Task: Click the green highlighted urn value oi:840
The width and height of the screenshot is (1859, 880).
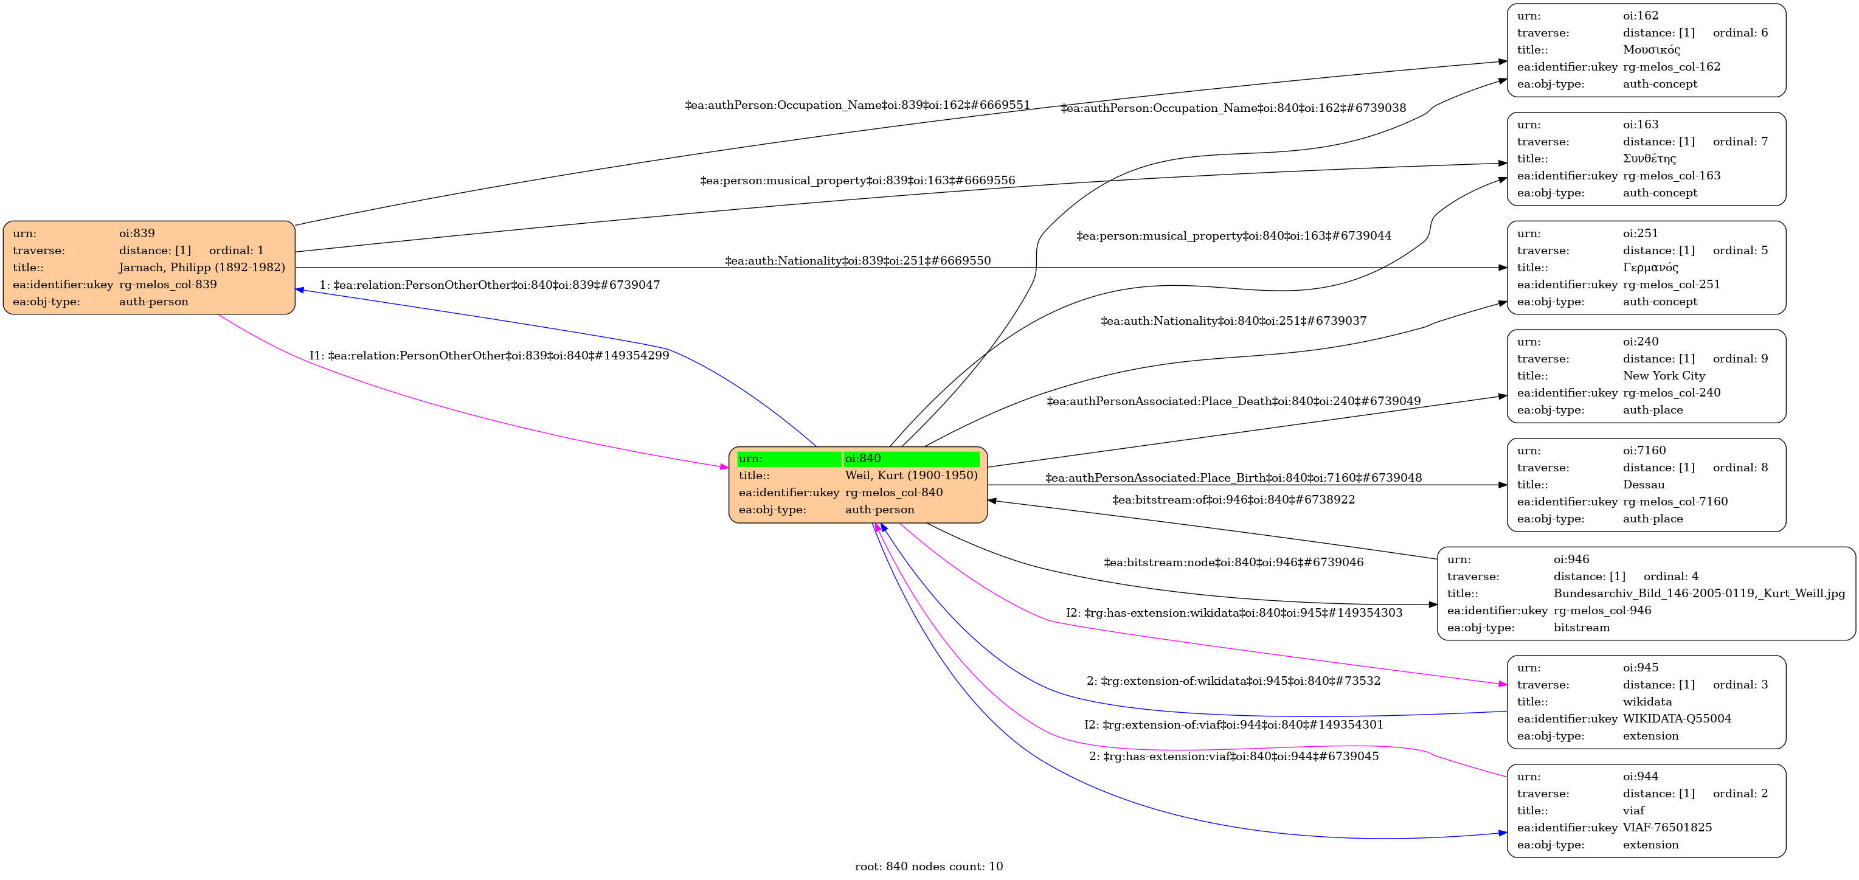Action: pos(862,459)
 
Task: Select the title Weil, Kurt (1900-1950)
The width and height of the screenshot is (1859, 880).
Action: pos(911,475)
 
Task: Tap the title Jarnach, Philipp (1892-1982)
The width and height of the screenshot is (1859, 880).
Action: pos(201,267)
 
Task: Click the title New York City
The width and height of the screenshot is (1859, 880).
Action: pos(1663,375)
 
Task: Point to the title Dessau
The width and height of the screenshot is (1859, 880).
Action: pos(1643,485)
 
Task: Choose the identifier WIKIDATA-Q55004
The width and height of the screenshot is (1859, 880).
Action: pos(1677,718)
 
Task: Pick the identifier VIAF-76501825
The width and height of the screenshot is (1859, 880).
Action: pos(1667,827)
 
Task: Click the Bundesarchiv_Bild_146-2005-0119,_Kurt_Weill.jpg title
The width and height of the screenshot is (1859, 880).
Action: pos(1699,594)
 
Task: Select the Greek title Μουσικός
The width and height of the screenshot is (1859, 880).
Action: pos(1651,50)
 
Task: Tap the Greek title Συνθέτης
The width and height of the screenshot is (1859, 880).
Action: pos(1649,159)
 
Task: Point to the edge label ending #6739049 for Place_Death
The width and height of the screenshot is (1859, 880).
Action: pos(1233,401)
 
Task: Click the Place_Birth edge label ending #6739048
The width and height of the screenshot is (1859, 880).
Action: pos(1233,478)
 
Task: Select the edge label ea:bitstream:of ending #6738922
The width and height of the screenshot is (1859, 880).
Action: pos(1233,499)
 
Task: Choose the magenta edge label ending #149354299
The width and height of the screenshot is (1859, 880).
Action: pos(490,356)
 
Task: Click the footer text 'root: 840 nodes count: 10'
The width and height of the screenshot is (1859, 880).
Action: pos(929,866)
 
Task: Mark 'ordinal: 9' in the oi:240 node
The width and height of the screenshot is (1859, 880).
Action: pos(1740,359)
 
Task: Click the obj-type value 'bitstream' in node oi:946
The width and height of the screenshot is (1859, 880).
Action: pos(1581,628)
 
